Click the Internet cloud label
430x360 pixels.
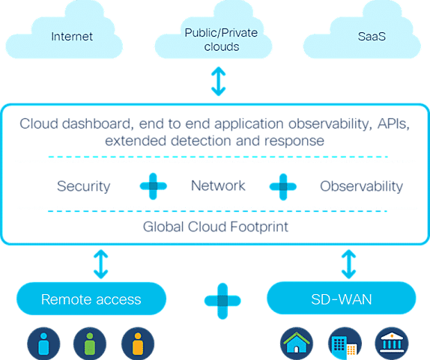coord(72,37)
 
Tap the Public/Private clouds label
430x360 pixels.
coord(221,40)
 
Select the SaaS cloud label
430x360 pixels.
coord(372,37)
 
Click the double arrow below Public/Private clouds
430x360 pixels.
coord(219,82)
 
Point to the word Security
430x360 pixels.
coord(84,186)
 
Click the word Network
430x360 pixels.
coord(218,186)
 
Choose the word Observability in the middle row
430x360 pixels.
coord(361,186)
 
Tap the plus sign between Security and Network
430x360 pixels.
coord(154,186)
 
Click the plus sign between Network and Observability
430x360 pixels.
coord(283,187)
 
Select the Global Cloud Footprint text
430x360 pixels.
coord(216,227)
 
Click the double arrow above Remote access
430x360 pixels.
coord(101,264)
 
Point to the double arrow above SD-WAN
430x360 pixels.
coord(349,264)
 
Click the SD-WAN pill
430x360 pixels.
coord(342,298)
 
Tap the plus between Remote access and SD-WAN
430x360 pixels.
coord(222,301)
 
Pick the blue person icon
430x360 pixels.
coord(43,344)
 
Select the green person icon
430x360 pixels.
coord(90,344)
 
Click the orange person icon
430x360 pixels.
coord(138,344)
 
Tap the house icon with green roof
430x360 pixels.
coord(297,344)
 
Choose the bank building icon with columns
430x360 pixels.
coord(392,344)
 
